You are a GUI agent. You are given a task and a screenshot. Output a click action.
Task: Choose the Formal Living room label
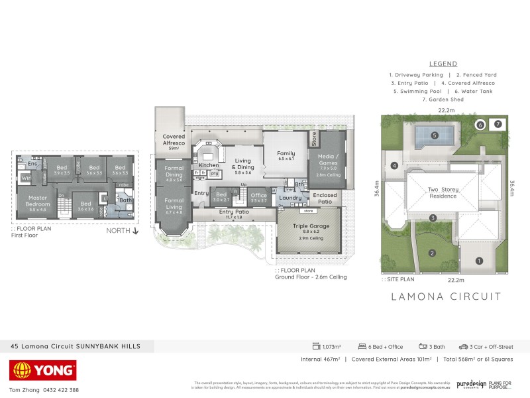tap(174, 204)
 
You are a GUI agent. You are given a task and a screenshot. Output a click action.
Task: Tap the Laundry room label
tap(290, 198)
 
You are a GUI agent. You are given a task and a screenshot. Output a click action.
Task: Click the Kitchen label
tap(209, 165)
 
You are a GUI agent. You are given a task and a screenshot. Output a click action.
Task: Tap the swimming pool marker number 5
tap(435, 135)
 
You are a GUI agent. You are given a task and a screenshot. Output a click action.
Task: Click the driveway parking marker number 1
tap(479, 261)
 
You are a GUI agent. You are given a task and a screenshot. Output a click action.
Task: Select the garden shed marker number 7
tap(498, 124)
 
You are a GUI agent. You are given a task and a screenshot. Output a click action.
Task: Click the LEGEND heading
tap(443, 64)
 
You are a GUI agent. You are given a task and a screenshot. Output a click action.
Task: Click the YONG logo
tap(43, 370)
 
